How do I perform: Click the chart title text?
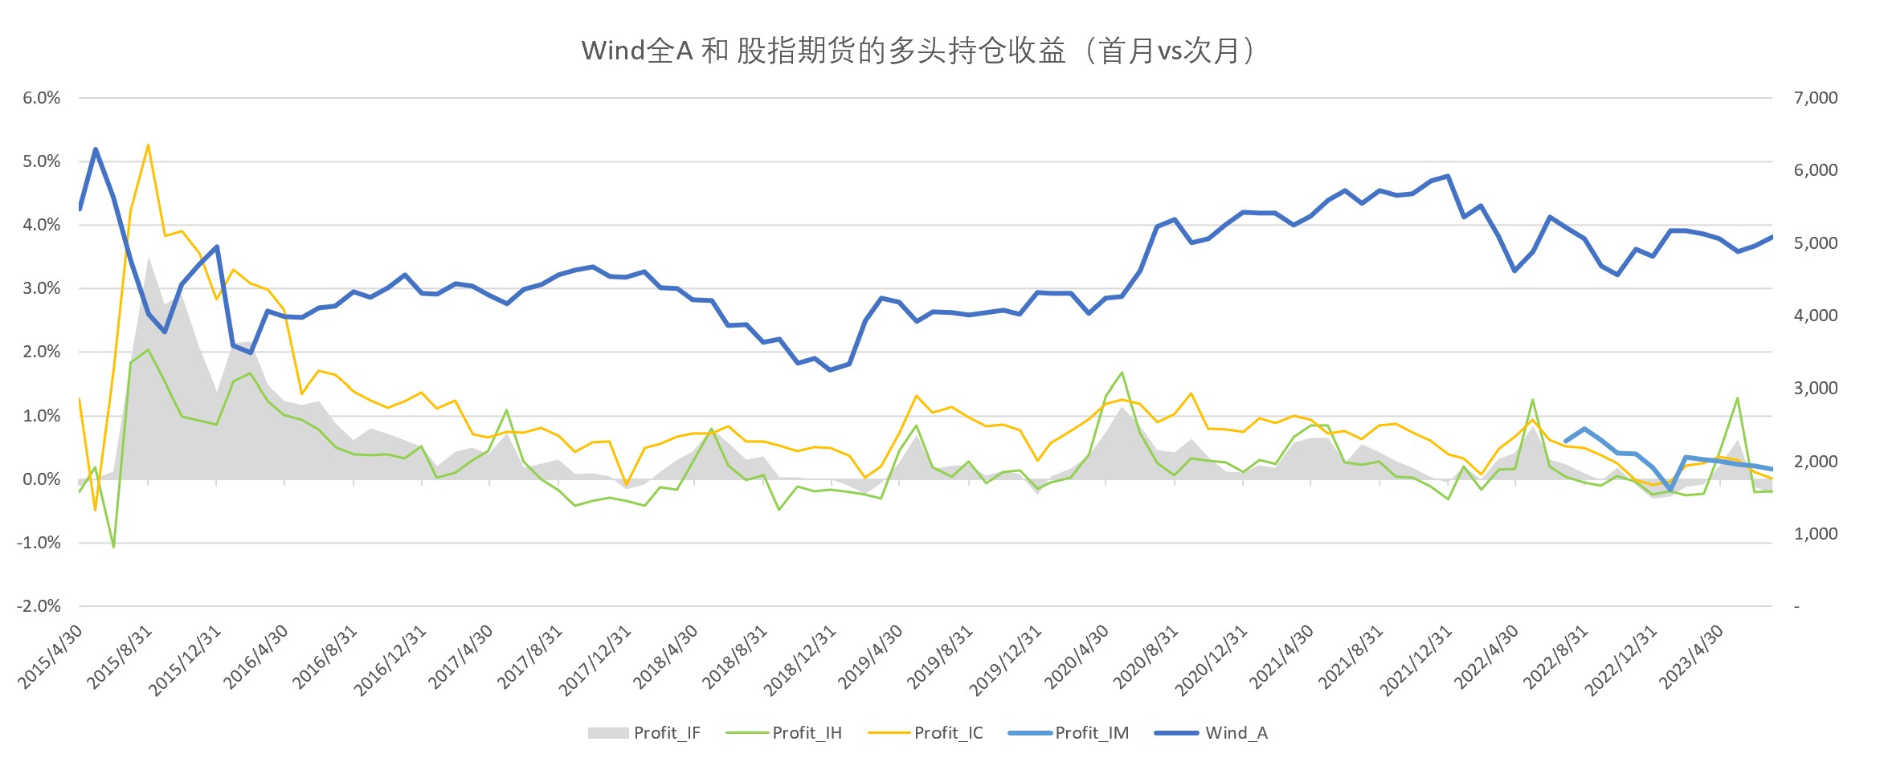919,51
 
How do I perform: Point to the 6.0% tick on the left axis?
42,98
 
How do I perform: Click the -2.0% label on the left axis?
39,606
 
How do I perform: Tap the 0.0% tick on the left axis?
42,479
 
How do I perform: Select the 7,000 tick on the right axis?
1815,98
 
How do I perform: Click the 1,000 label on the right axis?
1815,534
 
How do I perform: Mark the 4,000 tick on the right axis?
1815,316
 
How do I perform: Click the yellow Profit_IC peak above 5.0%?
148,145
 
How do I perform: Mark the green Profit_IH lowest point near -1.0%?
113,547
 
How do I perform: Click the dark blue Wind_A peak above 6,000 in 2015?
96,149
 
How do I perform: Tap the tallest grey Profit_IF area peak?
149,258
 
